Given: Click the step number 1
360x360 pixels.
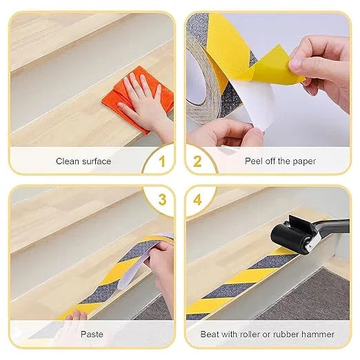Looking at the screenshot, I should pyautogui.click(x=162, y=163).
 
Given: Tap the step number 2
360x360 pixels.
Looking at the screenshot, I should pyautogui.click(x=197, y=163).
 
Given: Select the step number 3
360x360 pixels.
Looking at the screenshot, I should pyautogui.click(x=162, y=200).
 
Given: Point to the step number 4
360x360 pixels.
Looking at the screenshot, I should pyautogui.click(x=198, y=200).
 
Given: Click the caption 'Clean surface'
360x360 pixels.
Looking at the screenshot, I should pyautogui.click(x=83, y=161).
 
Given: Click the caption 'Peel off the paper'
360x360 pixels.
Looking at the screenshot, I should pyautogui.click(x=280, y=161).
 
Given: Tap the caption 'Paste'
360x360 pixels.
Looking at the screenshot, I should pyautogui.click(x=92, y=334).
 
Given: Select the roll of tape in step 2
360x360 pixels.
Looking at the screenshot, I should pyautogui.click(x=207, y=76).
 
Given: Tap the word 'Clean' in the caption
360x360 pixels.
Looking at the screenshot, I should pyautogui.click(x=68, y=161).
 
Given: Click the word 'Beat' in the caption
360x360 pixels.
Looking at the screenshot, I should pyautogui.click(x=210, y=334).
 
